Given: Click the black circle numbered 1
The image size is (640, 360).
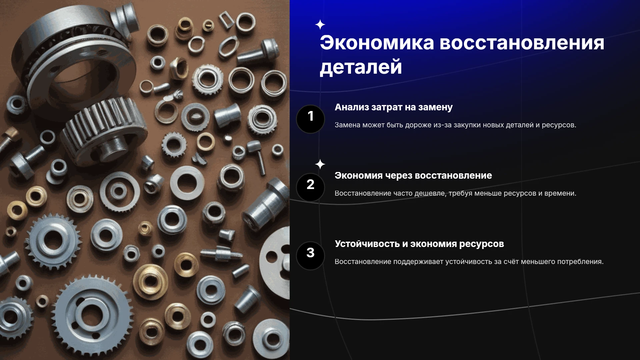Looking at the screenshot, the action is click(310, 119).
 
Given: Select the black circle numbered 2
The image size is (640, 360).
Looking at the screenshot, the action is click(310, 187).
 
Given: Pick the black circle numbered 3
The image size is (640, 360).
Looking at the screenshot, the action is click(310, 256).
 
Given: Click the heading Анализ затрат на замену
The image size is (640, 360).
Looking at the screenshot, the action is click(393, 107).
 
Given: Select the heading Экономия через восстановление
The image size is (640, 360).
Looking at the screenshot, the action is click(413, 176).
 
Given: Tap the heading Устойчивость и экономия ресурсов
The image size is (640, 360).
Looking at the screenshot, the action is click(419, 244).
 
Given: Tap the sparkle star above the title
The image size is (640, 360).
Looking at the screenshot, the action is click(320, 25).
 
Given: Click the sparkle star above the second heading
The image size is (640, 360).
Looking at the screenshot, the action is click(320, 164).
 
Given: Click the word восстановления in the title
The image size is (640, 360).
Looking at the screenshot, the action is click(522, 43).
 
